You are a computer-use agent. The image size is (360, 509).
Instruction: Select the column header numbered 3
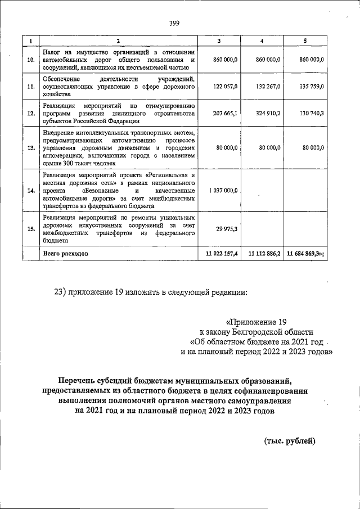[x=219, y=40]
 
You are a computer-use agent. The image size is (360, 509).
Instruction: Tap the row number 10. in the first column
[x=31, y=59]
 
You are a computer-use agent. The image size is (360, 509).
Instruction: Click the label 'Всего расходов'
[x=66, y=254]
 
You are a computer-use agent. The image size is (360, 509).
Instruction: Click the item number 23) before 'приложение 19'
[x=60, y=291]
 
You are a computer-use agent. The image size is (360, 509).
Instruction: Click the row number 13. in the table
[x=31, y=148]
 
